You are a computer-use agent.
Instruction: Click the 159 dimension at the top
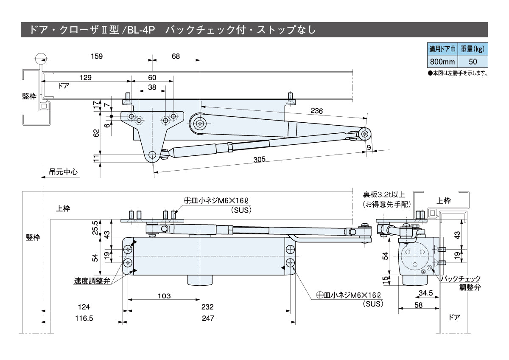(97, 56)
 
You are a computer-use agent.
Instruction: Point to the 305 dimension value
(259, 159)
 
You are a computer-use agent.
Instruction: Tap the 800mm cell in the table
(442, 61)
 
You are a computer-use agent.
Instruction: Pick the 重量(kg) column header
(473, 49)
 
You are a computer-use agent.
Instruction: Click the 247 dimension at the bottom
(208, 318)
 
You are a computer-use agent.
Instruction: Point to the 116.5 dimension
(83, 318)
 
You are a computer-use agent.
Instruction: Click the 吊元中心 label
(63, 172)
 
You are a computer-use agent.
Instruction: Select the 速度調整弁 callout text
(92, 281)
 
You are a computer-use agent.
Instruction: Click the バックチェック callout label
(461, 279)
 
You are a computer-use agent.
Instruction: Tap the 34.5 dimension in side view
(425, 292)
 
